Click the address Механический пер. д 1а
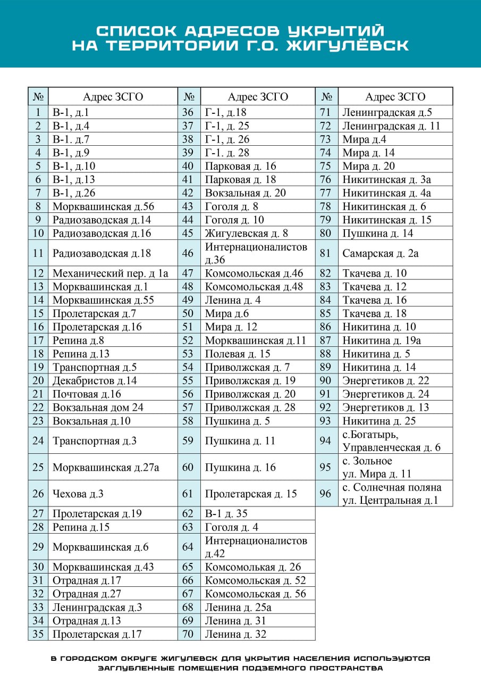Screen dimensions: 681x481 (x=110, y=273)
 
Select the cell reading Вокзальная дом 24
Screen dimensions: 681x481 (x=98, y=408)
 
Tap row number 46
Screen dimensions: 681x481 (x=188, y=253)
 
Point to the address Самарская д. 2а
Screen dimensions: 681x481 (x=381, y=253)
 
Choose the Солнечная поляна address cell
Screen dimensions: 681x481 (x=392, y=494)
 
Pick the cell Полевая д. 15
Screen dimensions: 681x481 (x=238, y=354)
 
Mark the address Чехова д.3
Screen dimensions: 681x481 (x=78, y=494)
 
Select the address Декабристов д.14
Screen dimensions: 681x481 (x=95, y=380)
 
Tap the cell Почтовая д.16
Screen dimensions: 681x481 (x=87, y=394)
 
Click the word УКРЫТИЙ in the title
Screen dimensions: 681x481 (x=343, y=31)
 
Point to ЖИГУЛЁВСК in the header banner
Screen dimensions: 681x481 (x=348, y=46)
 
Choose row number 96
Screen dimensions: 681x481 (x=326, y=494)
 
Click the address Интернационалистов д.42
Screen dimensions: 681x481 (x=256, y=547)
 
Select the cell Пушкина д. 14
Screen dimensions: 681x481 (x=377, y=233)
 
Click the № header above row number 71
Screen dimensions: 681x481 (x=326, y=97)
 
